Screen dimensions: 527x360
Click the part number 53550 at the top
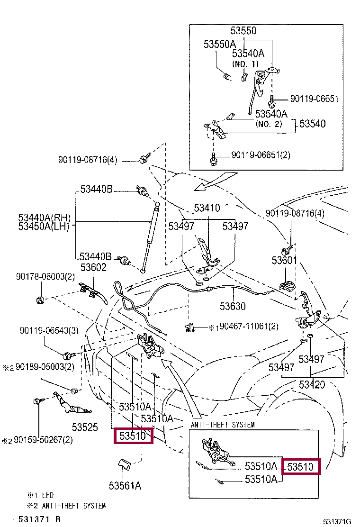pos(243,31)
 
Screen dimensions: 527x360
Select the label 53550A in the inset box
pos(220,45)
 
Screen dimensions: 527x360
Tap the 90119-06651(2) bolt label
pos(261,155)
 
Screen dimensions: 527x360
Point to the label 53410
pos(207,208)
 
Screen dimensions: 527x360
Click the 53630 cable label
pos(233,306)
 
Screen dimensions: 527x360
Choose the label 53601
pos(284,260)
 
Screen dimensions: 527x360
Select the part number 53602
pos(93,268)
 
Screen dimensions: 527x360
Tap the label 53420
pos(312,384)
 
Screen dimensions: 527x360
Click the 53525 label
pos(85,427)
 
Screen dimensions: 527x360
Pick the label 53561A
pos(125,485)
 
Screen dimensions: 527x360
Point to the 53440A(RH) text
pos(44,218)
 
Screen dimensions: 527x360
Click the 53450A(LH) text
pos(44,227)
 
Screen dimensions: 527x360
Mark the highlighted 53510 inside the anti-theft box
pos(301,466)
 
